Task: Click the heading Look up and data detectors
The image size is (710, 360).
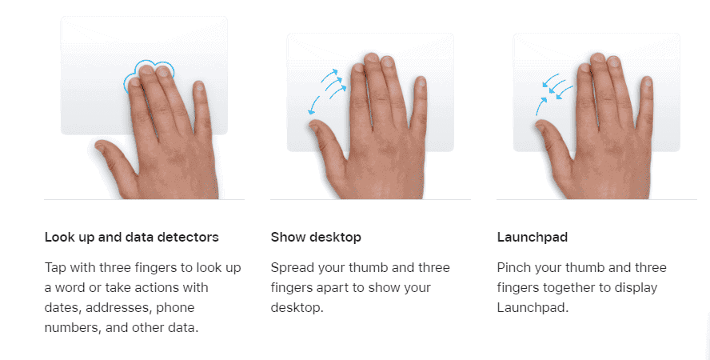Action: [x=131, y=238]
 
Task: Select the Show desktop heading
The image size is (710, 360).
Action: [x=316, y=238]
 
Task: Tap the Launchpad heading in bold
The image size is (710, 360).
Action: [x=532, y=238]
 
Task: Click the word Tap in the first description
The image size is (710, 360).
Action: [x=55, y=268]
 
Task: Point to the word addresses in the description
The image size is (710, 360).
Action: [x=119, y=307]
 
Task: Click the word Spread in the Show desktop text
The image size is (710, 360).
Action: [x=293, y=268]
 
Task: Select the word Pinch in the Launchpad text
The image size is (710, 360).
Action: [x=514, y=268]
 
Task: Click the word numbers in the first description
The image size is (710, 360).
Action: [x=73, y=327]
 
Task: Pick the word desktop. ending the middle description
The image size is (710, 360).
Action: [x=297, y=307]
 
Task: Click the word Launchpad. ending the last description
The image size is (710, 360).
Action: [x=532, y=307]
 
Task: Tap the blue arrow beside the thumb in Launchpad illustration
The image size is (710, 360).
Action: [x=540, y=106]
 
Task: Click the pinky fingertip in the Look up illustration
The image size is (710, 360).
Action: [x=199, y=86]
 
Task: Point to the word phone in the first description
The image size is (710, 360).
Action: [x=175, y=307]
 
